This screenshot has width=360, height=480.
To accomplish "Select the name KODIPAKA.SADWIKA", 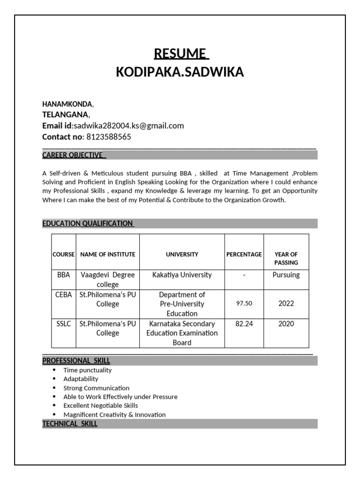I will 180,73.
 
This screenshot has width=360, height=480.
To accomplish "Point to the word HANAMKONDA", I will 67,104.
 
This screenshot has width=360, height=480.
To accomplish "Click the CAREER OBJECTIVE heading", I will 74,155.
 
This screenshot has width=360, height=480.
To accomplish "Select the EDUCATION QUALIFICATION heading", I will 88,224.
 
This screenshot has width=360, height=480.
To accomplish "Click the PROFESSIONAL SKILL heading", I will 76,360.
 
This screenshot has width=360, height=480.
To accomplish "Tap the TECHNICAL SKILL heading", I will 70,424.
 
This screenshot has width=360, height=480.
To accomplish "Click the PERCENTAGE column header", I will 244,255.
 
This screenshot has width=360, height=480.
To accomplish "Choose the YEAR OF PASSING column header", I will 286,258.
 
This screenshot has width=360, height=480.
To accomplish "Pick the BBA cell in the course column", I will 63,275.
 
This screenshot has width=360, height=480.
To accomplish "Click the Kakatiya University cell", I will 182,275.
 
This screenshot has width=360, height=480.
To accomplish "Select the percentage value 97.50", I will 244,304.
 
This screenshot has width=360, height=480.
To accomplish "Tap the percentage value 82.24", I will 244,324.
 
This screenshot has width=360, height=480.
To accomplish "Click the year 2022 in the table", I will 286,304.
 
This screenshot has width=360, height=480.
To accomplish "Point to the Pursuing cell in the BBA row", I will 286,275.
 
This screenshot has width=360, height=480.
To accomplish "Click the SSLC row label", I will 63,324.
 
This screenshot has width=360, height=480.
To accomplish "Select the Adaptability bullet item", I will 81,379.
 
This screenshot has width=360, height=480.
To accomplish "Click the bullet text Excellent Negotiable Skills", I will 101,405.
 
